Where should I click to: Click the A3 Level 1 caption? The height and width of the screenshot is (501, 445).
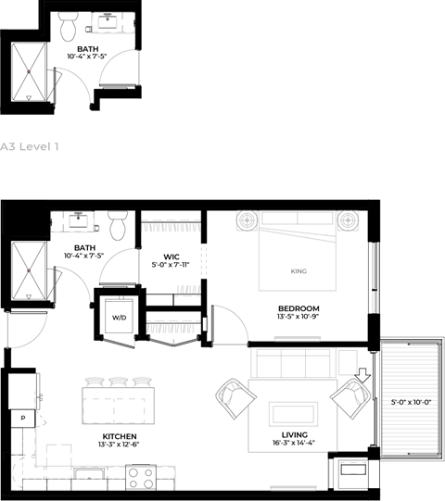tap(30, 146)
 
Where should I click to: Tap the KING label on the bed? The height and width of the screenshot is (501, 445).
tap(299, 271)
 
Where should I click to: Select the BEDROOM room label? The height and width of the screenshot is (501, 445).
tap(299, 308)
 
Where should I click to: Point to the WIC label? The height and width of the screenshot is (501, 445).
tap(172, 257)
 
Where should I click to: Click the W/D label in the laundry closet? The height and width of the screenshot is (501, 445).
tap(119, 318)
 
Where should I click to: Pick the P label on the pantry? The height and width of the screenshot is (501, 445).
tap(23, 418)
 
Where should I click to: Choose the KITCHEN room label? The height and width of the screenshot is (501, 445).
tap(120, 436)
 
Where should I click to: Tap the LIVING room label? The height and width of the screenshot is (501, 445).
tap(295, 435)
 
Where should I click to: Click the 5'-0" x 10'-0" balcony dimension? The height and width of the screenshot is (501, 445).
tap(412, 402)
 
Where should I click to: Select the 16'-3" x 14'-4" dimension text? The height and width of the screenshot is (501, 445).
tap(294, 443)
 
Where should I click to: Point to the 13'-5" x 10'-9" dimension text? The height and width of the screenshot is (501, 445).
tap(299, 317)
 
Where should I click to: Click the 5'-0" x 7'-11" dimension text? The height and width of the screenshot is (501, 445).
tap(171, 265)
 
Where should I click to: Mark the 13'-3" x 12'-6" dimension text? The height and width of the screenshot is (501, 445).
tap(119, 445)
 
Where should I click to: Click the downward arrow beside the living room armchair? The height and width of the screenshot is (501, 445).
tap(363, 375)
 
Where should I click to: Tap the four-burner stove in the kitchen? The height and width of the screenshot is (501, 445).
tap(141, 478)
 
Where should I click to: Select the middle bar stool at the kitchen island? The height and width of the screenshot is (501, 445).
tap(118, 382)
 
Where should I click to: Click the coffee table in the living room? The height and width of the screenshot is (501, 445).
tap(293, 414)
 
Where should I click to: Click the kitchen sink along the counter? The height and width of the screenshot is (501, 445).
tap(89, 474)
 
